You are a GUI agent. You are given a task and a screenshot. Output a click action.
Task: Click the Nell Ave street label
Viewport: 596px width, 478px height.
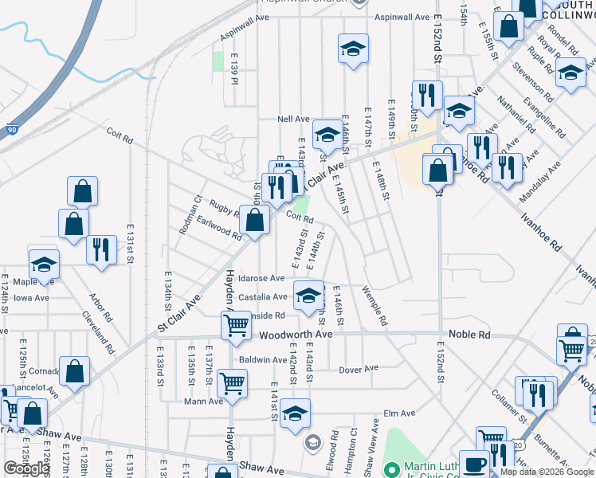point(292,119)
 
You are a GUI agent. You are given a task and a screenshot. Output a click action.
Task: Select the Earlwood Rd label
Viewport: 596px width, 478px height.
point(219,228)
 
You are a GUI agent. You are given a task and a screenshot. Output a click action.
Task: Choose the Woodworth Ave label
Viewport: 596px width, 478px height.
point(296,335)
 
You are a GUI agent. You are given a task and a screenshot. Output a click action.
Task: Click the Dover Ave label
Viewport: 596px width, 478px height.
point(358,369)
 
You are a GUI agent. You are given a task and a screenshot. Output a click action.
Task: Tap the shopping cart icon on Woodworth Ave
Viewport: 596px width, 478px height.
point(236,326)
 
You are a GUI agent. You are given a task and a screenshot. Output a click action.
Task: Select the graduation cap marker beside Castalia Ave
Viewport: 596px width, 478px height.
point(308,296)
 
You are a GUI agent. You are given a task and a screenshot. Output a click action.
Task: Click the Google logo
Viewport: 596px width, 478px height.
point(25,468)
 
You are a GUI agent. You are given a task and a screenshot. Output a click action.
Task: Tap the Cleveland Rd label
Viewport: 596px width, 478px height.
point(99,331)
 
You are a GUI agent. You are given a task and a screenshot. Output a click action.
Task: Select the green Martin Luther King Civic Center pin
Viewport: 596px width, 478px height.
point(391,468)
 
